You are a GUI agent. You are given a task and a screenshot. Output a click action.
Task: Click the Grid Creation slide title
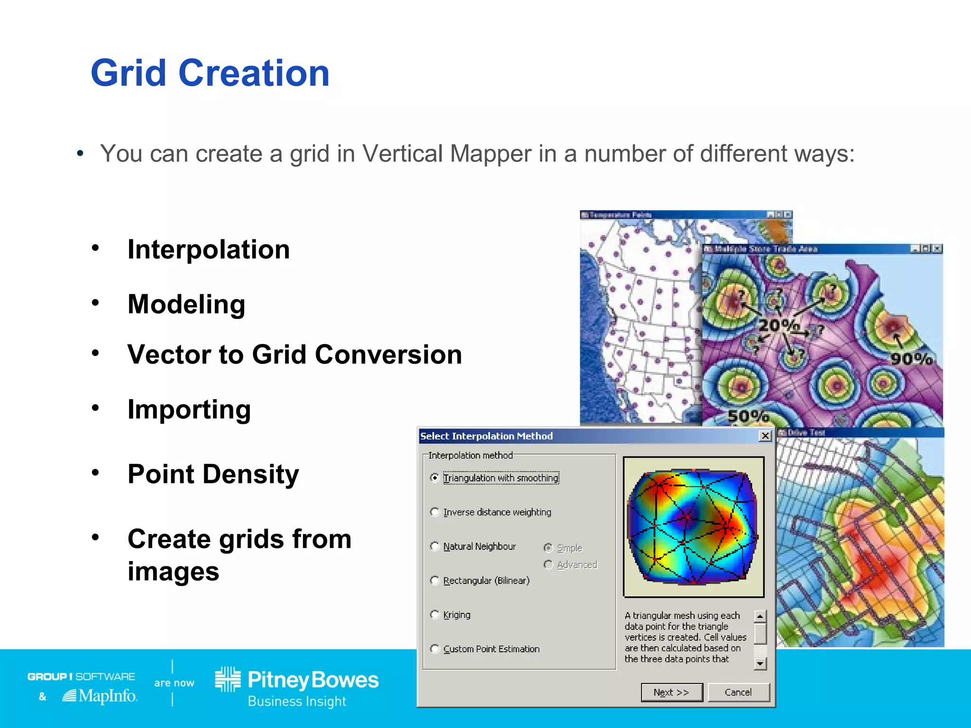click(x=210, y=73)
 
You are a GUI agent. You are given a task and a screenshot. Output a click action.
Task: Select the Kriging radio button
click(x=435, y=615)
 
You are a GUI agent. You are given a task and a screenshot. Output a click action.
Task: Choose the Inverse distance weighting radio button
click(x=435, y=512)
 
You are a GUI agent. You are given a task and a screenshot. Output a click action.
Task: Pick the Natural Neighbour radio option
click(x=435, y=546)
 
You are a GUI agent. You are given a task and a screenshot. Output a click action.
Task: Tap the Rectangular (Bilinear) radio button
click(x=435, y=581)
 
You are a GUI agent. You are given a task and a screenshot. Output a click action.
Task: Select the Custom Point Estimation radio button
click(x=435, y=649)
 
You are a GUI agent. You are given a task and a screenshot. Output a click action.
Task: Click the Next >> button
click(x=671, y=692)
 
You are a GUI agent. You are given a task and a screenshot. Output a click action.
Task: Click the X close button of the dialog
click(x=765, y=436)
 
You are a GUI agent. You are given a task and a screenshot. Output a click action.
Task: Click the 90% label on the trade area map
click(x=911, y=359)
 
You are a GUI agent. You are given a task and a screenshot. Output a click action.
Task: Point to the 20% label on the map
click(x=779, y=325)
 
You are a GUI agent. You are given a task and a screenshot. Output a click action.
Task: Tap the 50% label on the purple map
click(x=748, y=416)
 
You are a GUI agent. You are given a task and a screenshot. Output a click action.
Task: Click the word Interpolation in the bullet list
click(x=209, y=249)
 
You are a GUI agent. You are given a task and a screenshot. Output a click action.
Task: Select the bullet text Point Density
click(x=213, y=474)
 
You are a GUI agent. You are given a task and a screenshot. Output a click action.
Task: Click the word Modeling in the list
click(x=186, y=304)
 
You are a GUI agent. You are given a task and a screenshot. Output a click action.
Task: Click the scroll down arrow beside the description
click(x=760, y=664)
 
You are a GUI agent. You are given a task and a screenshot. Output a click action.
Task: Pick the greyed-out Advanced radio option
click(x=549, y=564)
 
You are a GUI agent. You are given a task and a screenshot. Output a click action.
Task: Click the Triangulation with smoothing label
click(x=501, y=478)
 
